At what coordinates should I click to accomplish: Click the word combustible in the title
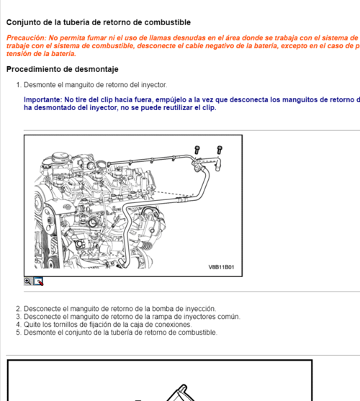coord(165,23)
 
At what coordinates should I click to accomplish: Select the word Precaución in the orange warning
coord(26,37)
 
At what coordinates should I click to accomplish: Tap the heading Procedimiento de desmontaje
coord(62,70)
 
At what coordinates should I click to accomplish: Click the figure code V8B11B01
coord(221,266)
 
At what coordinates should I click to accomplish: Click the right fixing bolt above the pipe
coord(220,150)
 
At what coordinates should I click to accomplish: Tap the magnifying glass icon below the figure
coord(28,281)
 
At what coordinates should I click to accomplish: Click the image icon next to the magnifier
coord(39,281)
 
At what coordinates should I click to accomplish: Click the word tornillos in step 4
coord(63,325)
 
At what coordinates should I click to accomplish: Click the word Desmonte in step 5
coord(40,333)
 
